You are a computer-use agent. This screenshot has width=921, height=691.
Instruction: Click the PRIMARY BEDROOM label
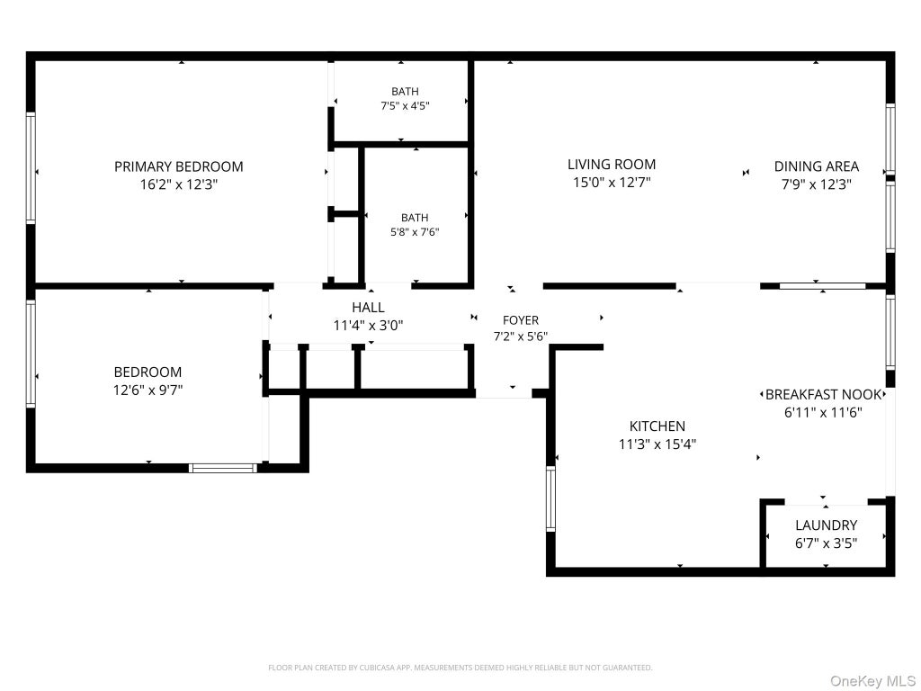[x=179, y=166]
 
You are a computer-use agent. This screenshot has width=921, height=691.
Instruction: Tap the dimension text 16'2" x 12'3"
[x=179, y=184]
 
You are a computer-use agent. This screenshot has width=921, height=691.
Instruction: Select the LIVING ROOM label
[x=612, y=164]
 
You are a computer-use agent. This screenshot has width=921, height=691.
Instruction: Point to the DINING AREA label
[x=817, y=166]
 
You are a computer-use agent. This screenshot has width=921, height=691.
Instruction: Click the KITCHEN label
[x=657, y=426]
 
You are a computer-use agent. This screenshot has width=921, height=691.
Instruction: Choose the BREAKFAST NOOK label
[x=824, y=394]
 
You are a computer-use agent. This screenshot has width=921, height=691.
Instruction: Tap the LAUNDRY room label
[x=826, y=525]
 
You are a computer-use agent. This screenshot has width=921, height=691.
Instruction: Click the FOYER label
[x=521, y=320]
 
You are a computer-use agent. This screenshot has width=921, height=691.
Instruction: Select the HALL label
[x=368, y=308]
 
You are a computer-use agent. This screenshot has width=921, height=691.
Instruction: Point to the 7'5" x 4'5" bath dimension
[x=405, y=106]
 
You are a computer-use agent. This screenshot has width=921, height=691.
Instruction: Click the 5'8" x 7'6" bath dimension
[x=415, y=232]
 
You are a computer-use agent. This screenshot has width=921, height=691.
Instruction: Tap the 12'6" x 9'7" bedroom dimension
[x=148, y=390]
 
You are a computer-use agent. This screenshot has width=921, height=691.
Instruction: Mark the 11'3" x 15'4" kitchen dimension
[x=657, y=444]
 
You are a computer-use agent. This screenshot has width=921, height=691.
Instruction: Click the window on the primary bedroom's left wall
[x=31, y=167]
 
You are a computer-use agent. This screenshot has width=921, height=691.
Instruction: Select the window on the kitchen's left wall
[x=550, y=498]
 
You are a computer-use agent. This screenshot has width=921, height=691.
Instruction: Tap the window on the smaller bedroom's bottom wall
[x=223, y=468]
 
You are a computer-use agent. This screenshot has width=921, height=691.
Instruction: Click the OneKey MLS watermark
[x=872, y=681]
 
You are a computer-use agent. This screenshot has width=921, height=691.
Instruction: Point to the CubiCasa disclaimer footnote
[x=460, y=668]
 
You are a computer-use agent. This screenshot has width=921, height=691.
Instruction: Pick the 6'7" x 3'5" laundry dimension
[x=826, y=543]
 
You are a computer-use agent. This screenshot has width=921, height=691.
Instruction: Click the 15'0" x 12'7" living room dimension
[x=612, y=182]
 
